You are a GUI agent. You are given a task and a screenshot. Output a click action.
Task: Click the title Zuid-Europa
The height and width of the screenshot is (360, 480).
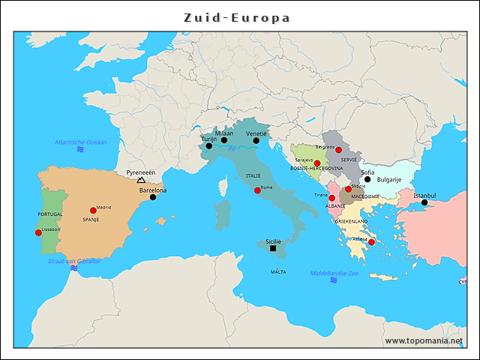(x=238, y=17)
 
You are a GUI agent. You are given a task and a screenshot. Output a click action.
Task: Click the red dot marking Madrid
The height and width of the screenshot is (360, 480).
(x=93, y=211)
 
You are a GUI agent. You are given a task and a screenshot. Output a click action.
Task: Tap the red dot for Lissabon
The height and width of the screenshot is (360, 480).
(x=38, y=232)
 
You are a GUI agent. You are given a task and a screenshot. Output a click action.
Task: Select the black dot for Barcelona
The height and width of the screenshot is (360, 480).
(x=153, y=197)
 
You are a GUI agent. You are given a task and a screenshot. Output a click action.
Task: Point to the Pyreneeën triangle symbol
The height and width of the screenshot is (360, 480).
(x=141, y=180)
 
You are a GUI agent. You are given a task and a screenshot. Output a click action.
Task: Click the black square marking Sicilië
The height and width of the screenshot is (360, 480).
(x=273, y=248)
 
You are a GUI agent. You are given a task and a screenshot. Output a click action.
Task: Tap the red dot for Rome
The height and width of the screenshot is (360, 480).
(x=258, y=190)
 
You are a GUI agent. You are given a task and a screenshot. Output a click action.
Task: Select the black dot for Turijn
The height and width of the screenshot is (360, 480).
(x=209, y=146)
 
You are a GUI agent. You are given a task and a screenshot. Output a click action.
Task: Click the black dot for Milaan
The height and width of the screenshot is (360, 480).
(x=224, y=140)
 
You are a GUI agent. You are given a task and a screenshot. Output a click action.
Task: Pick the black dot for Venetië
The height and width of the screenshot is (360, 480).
(x=256, y=140)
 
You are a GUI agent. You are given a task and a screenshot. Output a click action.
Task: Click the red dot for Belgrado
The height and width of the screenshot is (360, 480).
(x=338, y=150)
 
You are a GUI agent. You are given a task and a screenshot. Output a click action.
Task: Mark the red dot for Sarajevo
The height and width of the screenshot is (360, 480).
(x=317, y=163)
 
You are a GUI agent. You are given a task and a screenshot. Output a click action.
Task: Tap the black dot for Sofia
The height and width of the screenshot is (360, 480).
(x=367, y=179)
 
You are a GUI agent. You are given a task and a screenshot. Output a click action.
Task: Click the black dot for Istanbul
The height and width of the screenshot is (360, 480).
(x=424, y=202)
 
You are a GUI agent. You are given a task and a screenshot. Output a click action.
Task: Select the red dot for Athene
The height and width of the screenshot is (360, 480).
(x=371, y=242)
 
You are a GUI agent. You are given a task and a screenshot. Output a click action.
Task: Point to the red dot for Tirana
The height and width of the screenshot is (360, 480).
(x=332, y=198)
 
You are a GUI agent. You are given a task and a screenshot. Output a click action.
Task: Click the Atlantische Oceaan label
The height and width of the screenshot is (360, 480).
(x=80, y=142)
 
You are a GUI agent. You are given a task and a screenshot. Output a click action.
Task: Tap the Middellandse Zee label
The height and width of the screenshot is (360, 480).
(x=334, y=274)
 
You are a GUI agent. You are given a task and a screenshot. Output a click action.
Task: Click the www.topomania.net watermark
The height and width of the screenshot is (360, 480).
(x=424, y=340)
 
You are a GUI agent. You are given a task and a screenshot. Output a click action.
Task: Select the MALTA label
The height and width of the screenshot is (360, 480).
(x=278, y=272)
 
